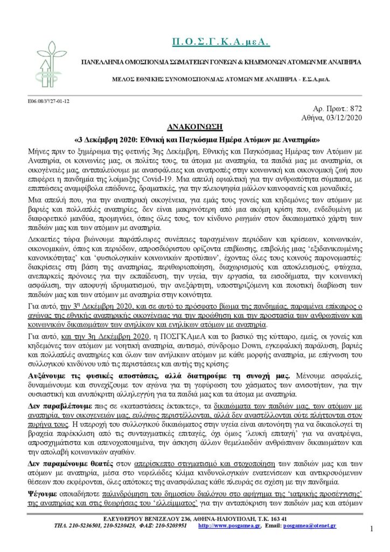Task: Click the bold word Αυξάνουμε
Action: click(x=52, y=374)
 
